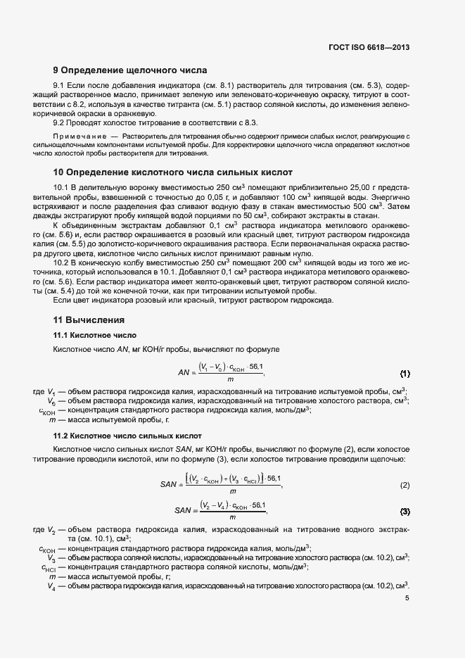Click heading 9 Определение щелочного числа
pyautogui.click(x=130, y=70)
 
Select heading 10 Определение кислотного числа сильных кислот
pyautogui.click(x=173, y=172)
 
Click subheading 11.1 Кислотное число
pyautogui.click(x=95, y=334)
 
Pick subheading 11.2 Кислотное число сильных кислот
pyautogui.click(x=127, y=436)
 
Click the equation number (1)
pyautogui.click(x=405, y=372)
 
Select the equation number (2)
pyautogui.click(x=405, y=485)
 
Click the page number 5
pyautogui.click(x=407, y=598)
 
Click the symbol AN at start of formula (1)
pyautogui.click(x=185, y=372)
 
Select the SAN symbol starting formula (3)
pyautogui.click(x=183, y=510)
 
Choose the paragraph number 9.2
pyautogui.click(x=61, y=122)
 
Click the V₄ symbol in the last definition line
pyautogui.click(x=52, y=585)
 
